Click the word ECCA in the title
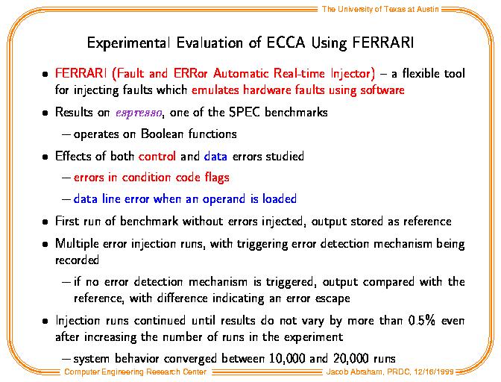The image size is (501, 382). pyautogui.click(x=286, y=43)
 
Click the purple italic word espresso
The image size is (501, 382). pyautogui.click(x=139, y=113)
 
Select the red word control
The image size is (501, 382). pyautogui.click(x=157, y=157)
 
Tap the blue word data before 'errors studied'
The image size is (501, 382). pyautogui.click(x=215, y=157)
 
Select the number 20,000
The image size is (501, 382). pyautogui.click(x=351, y=359)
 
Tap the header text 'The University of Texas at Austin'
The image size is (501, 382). pyautogui.click(x=380, y=9)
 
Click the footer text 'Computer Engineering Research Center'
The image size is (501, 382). pyautogui.click(x=135, y=372)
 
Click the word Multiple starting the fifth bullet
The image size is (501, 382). pyautogui.click(x=77, y=244)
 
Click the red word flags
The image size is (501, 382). pyautogui.click(x=217, y=178)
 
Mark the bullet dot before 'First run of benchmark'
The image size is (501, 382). pyautogui.click(x=45, y=222)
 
